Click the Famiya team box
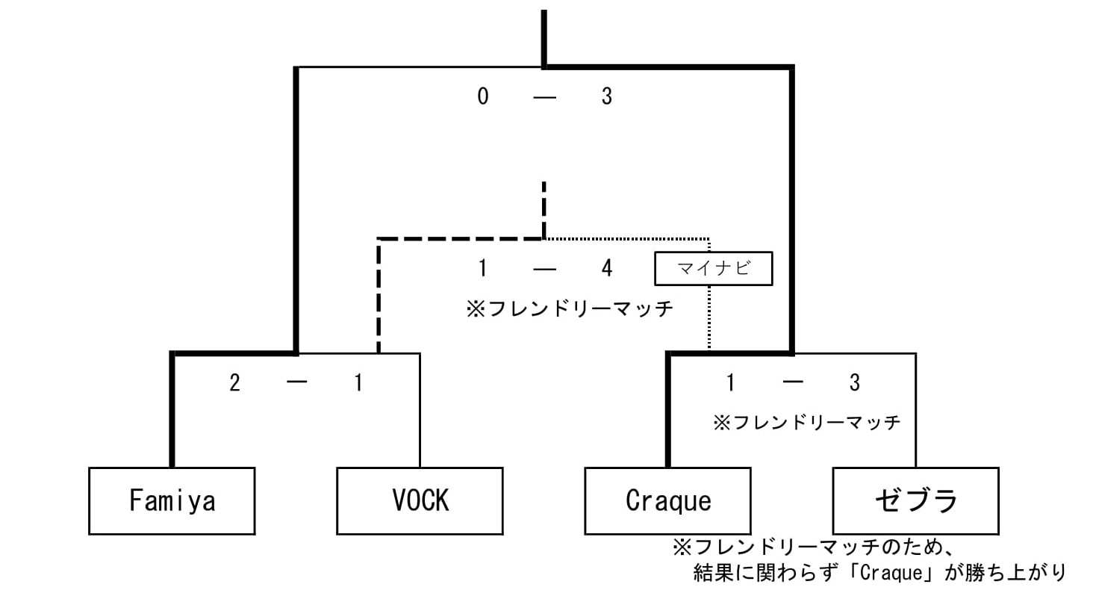(172, 500)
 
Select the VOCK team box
(420, 500)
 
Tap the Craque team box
(667, 500)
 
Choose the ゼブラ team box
(915, 500)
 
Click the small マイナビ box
(713, 269)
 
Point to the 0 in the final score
(483, 96)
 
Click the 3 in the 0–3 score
(606, 96)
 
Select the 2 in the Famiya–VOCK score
(234, 383)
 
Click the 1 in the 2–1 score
(358, 383)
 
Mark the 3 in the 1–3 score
(854, 383)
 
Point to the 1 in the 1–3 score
(730, 383)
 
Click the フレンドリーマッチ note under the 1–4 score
(570, 308)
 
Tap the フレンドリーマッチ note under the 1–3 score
(807, 423)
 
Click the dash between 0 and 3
(544, 96)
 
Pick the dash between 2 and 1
(296, 383)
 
